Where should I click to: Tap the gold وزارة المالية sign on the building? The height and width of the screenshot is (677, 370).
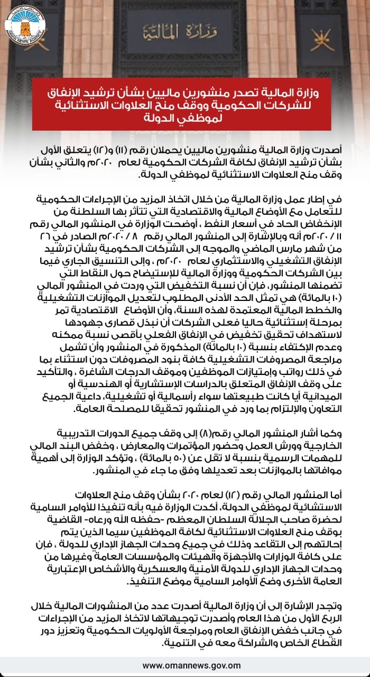184,24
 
